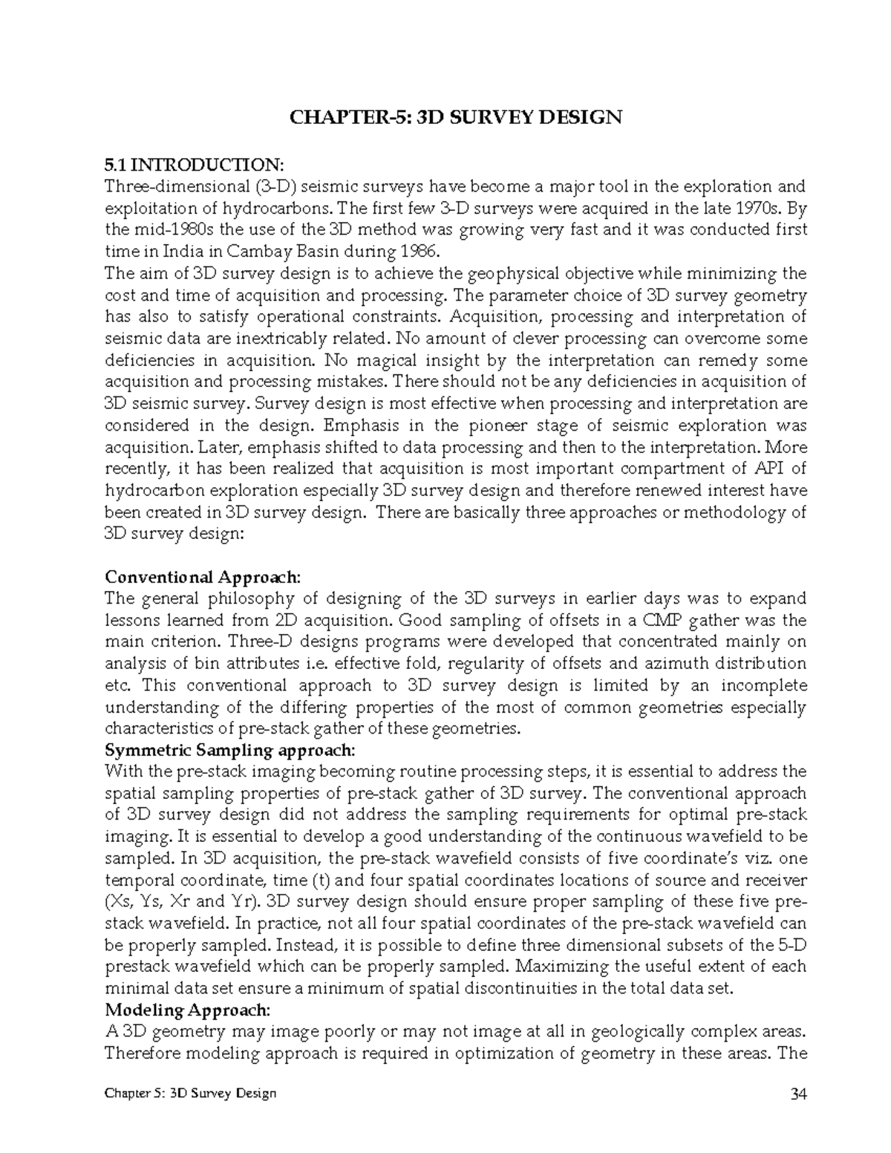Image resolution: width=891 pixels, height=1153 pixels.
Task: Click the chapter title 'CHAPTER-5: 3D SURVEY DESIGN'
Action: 455,117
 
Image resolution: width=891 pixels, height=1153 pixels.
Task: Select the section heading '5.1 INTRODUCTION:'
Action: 194,164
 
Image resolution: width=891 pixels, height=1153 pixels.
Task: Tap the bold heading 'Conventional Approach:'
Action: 203,577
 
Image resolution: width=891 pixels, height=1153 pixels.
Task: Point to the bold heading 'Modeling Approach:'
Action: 188,1010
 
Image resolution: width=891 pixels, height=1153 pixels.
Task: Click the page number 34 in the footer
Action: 800,1094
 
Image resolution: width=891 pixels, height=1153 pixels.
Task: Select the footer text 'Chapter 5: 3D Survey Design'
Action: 191,1094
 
